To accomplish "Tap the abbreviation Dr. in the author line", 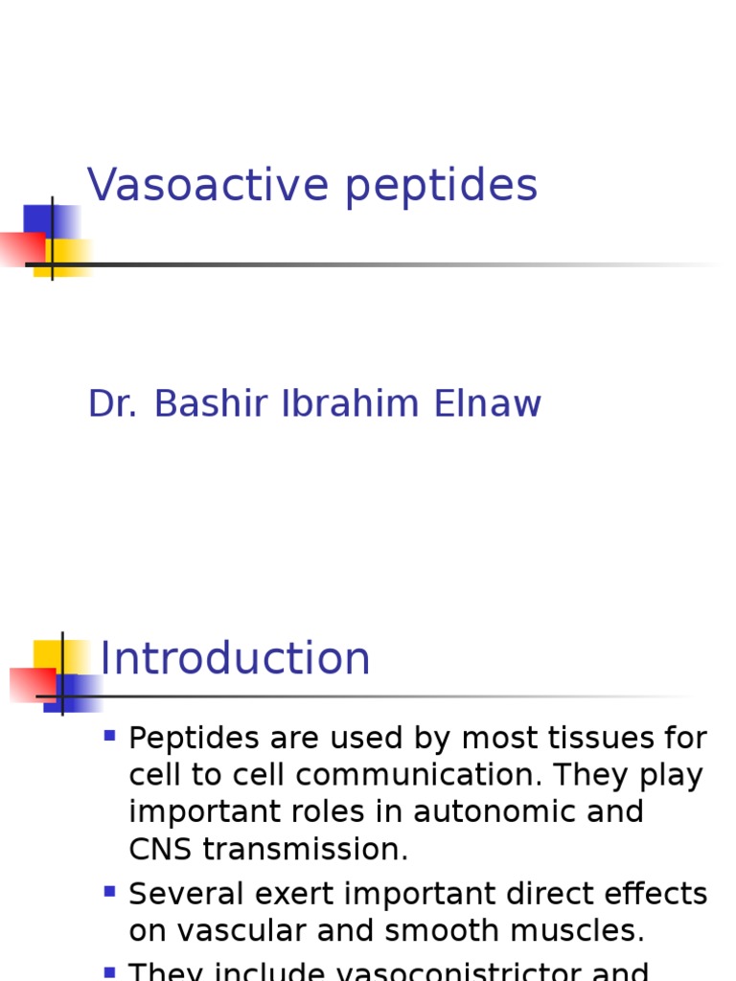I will pos(112,404).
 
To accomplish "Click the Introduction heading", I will pos(235,659).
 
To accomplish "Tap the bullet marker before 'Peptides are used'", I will pos(109,737).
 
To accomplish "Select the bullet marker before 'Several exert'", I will pos(109,892).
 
